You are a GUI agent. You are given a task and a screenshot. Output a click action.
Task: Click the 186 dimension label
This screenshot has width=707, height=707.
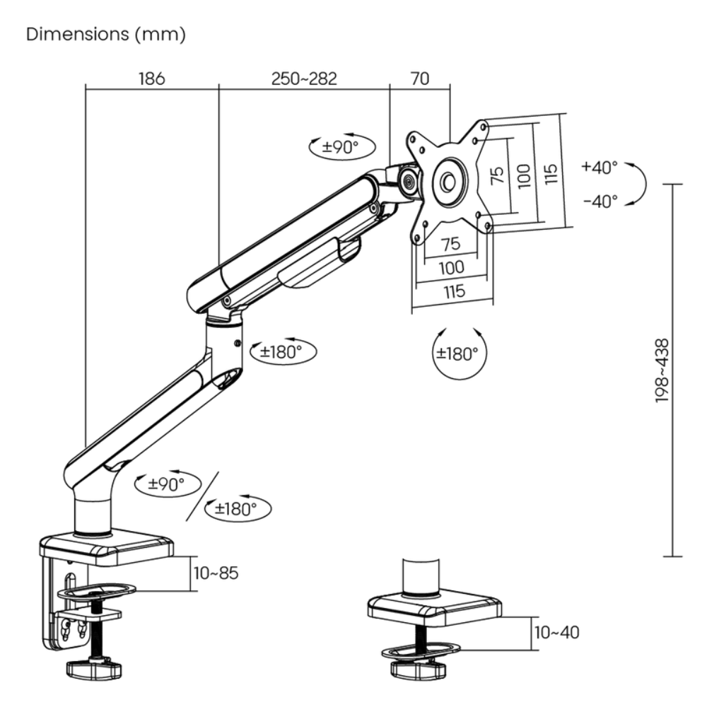click(x=151, y=78)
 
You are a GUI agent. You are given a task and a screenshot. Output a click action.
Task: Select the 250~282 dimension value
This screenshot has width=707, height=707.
click(x=304, y=78)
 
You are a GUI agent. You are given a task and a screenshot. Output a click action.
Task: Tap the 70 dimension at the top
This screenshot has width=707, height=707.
click(x=419, y=78)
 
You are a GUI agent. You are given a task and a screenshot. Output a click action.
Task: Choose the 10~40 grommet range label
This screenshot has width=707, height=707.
click(x=556, y=632)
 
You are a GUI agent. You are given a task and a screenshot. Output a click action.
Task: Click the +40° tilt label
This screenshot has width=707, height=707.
click(x=600, y=168)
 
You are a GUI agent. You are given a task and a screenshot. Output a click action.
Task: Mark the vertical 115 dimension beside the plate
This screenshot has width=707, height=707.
click(x=551, y=172)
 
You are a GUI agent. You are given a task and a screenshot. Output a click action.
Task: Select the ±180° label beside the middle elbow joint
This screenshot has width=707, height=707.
click(x=281, y=351)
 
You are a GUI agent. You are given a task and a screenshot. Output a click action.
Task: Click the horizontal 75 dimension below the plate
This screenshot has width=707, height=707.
click(x=450, y=244)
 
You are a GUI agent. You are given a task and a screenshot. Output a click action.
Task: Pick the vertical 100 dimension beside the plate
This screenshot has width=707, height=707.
click(x=524, y=173)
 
